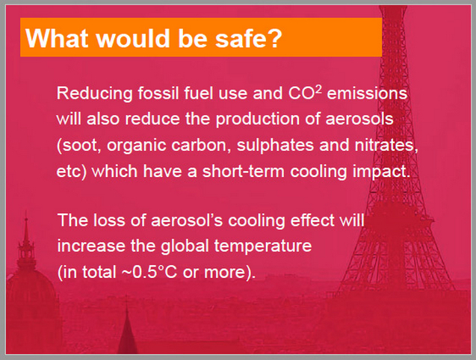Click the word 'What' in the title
[x=57, y=38]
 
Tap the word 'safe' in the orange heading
[x=239, y=38]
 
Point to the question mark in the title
[x=273, y=38]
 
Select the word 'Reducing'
[x=94, y=93]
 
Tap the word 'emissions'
[x=367, y=93]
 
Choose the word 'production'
[x=258, y=119]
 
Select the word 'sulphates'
[x=275, y=145]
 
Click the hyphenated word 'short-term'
[x=244, y=171]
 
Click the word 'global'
[x=185, y=246]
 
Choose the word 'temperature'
[x=263, y=246]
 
